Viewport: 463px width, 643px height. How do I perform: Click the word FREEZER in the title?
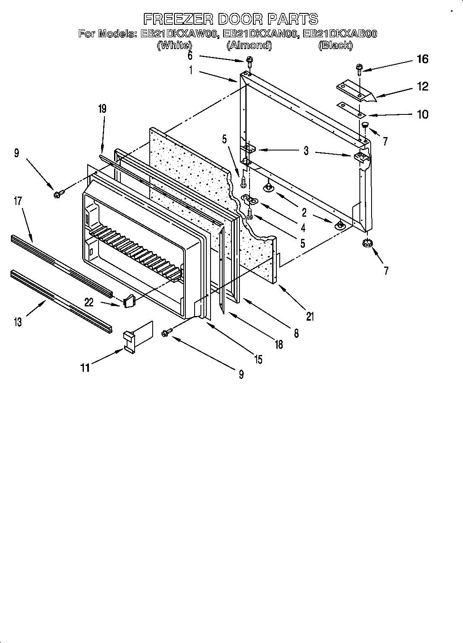[x=177, y=19]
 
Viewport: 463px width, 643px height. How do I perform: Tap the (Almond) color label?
[x=249, y=45]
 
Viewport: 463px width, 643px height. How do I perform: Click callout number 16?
[x=422, y=59]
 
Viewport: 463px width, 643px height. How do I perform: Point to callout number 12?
[x=422, y=86]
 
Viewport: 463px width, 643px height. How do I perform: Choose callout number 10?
[x=422, y=114]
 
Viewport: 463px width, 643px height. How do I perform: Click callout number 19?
[x=102, y=109]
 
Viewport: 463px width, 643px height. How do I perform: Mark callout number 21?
[x=310, y=316]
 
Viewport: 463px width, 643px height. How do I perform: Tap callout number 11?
[x=85, y=368]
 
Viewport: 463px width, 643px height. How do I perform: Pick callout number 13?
[x=18, y=322]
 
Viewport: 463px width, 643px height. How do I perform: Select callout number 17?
[x=18, y=201]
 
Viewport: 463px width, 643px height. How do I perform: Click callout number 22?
[x=89, y=302]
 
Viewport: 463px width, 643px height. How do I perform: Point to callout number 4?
[x=303, y=228]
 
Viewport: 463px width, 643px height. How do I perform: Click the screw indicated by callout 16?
[x=359, y=69]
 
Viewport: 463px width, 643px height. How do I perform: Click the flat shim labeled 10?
[x=350, y=109]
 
